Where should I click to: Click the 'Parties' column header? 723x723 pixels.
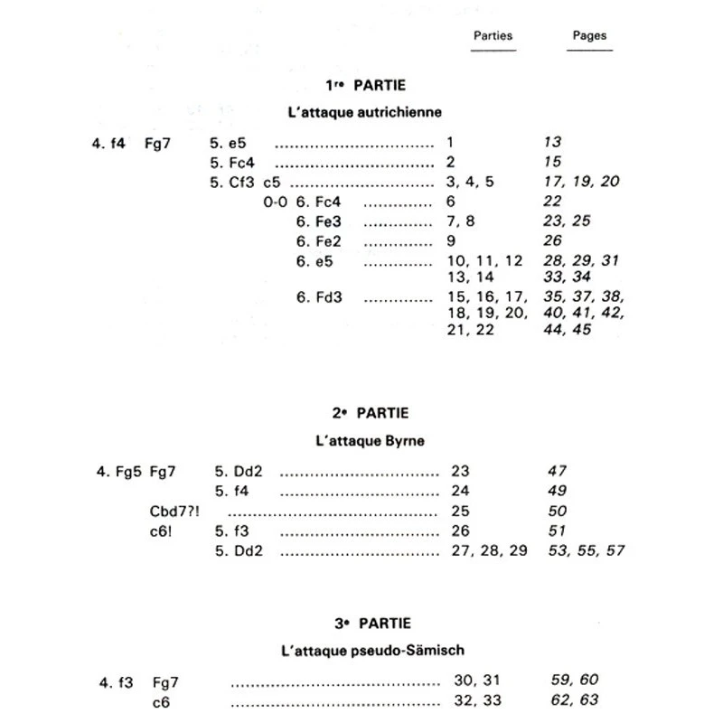coord(493,36)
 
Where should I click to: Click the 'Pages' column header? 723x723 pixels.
coord(589,36)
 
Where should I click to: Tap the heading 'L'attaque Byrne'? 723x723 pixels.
coord(371,441)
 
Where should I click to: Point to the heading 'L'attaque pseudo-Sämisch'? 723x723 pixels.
coord(372,650)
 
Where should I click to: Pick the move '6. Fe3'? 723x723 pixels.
coord(321,221)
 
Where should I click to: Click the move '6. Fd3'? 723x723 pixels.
coord(320,296)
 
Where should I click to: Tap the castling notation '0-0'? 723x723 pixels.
coord(275,202)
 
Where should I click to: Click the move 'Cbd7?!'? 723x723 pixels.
coord(174,511)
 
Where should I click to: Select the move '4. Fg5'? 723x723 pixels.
coord(115,471)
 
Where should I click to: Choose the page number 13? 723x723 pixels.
coord(552,142)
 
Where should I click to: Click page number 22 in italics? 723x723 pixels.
coord(552,202)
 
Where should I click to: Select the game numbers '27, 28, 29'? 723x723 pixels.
coord(488,550)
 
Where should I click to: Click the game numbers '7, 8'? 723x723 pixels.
coord(461,221)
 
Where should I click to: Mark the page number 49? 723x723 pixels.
coord(558,491)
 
